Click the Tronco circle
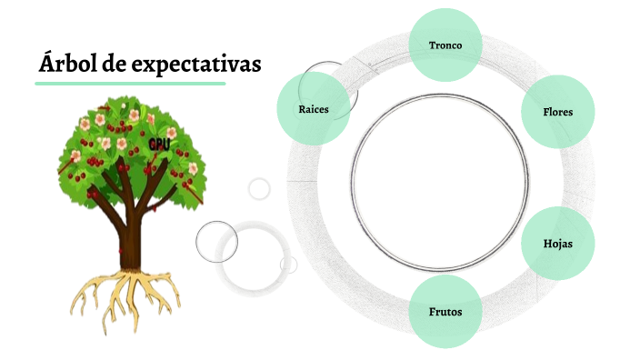click(445, 45)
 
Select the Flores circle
click(557, 111)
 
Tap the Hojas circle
click(557, 244)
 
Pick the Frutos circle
click(445, 311)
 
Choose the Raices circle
click(313, 109)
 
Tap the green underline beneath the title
click(130, 84)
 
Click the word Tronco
click(445, 45)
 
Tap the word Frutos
click(445, 312)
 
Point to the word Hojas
click(557, 245)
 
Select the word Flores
click(557, 112)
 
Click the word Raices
click(313, 109)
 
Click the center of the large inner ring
click(439, 182)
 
